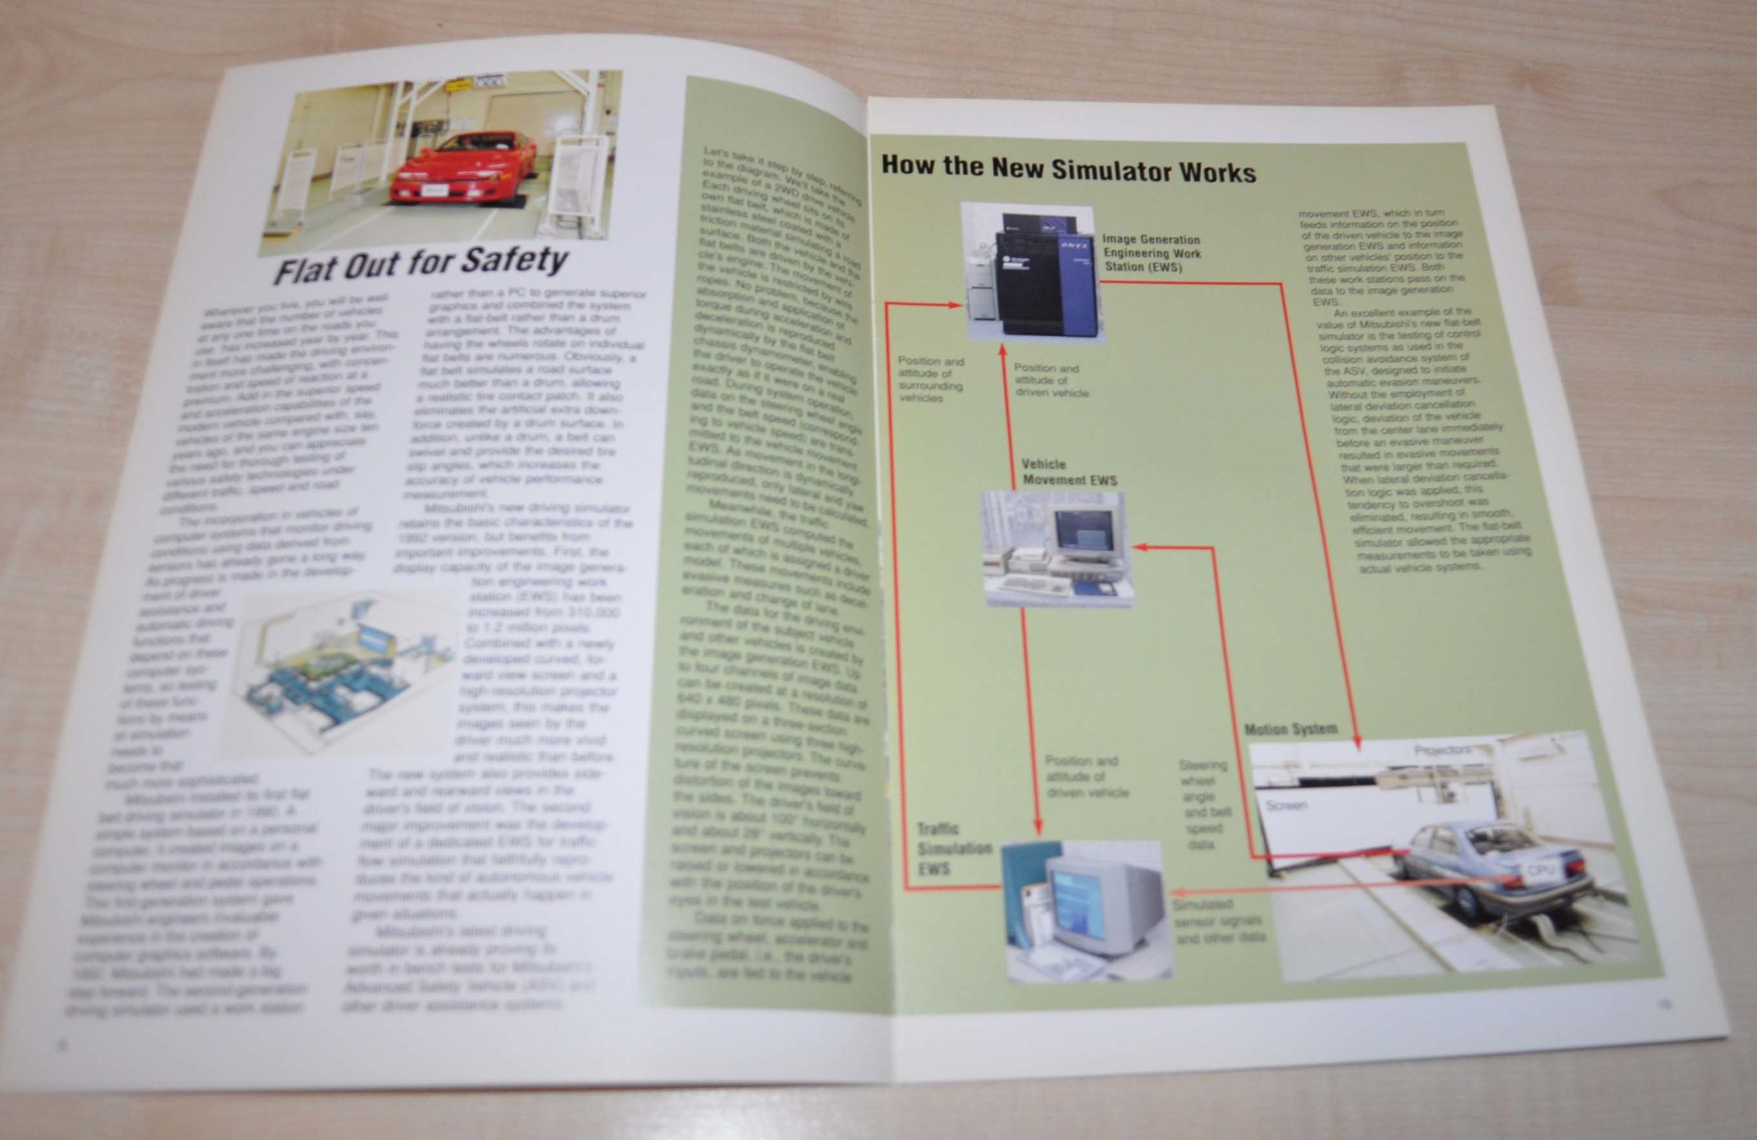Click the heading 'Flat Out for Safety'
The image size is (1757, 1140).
(x=420, y=263)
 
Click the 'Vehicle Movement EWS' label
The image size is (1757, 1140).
(x=1068, y=472)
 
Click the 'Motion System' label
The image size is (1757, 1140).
(x=1290, y=729)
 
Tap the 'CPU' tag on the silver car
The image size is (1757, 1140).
(x=1540, y=871)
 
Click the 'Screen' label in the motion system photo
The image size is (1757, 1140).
(x=1286, y=805)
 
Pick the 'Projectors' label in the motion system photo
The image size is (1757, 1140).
(x=1442, y=750)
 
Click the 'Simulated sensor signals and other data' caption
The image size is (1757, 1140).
(x=1219, y=921)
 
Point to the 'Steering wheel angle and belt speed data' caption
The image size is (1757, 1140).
(x=1204, y=805)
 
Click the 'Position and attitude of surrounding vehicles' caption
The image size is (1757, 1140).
(x=930, y=379)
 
